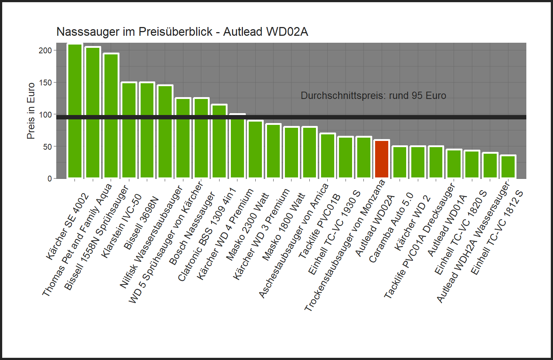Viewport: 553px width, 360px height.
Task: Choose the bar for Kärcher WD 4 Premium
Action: pyautogui.click(x=237, y=146)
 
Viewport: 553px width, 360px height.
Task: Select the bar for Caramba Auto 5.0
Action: pyautogui.click(x=400, y=162)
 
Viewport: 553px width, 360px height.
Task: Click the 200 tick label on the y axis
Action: pyautogui.click(x=45, y=50)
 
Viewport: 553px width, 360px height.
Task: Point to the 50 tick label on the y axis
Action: pyautogui.click(x=47, y=147)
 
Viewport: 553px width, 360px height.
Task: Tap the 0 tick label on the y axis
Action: pyautogui.click(x=50, y=179)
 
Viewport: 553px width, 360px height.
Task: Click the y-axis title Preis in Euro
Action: pyautogui.click(x=31, y=111)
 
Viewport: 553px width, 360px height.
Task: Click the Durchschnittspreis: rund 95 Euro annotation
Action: pyautogui.click(x=373, y=96)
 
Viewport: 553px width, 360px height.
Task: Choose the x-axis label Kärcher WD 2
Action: pyautogui.click(x=412, y=223)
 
